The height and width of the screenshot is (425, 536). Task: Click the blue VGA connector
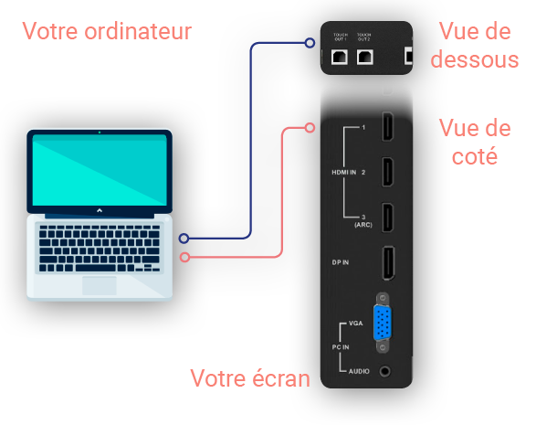(x=383, y=323)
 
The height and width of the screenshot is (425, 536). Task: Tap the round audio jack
(x=385, y=371)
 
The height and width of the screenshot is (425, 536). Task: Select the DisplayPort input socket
(x=388, y=262)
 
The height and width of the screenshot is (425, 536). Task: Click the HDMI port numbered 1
(x=387, y=126)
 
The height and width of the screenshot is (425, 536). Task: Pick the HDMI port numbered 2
(x=387, y=172)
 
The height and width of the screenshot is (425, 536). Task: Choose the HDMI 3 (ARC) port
(x=387, y=218)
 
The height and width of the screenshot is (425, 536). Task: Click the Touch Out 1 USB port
(x=340, y=57)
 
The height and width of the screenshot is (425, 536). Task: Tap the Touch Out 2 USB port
(x=364, y=57)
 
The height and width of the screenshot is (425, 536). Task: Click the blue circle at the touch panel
(x=310, y=43)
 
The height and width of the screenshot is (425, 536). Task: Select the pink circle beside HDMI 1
(x=310, y=128)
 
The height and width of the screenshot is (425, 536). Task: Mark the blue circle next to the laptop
(x=184, y=239)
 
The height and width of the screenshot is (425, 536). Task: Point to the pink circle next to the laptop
(x=184, y=257)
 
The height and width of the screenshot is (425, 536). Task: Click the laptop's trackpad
(x=100, y=285)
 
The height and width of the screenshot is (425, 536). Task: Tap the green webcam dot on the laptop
(x=100, y=133)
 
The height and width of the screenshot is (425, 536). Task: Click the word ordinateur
(x=138, y=31)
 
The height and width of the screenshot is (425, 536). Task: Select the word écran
(x=281, y=378)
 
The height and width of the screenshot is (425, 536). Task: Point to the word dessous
(x=475, y=59)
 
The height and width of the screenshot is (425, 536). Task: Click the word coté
(x=475, y=156)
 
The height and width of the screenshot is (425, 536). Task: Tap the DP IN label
(x=340, y=262)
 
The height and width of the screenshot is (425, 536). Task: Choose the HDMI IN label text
(x=344, y=172)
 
